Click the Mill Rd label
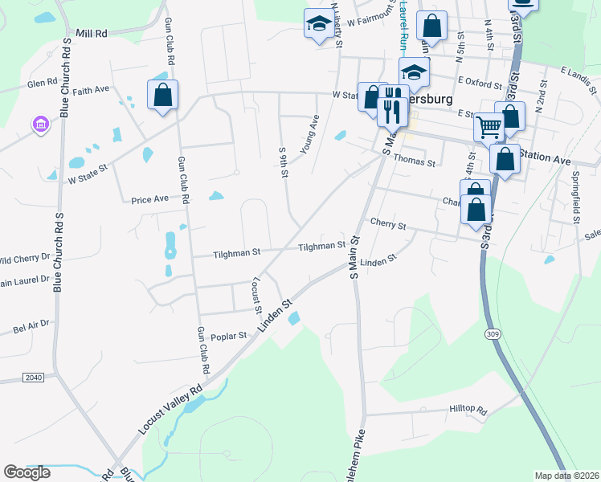(91, 34)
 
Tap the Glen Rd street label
(42, 83)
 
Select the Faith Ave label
(90, 92)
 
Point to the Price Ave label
(150, 198)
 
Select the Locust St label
(257, 296)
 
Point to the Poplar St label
(227, 337)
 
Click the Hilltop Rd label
(468, 411)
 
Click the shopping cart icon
(489, 126)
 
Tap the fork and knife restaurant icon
(391, 106)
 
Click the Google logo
(27, 472)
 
